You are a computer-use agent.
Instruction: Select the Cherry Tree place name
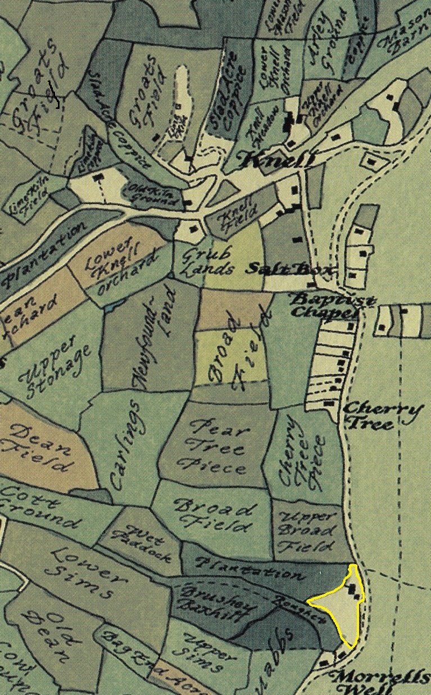[382, 416]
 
